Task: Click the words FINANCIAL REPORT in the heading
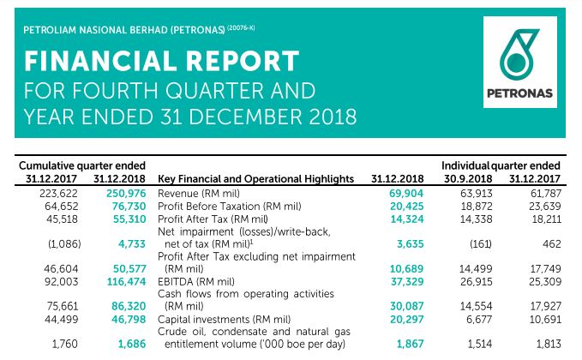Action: [x=162, y=62]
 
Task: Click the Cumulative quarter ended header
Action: [x=81, y=165]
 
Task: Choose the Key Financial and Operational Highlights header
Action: [x=256, y=178]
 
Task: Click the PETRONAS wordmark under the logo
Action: [x=520, y=93]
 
